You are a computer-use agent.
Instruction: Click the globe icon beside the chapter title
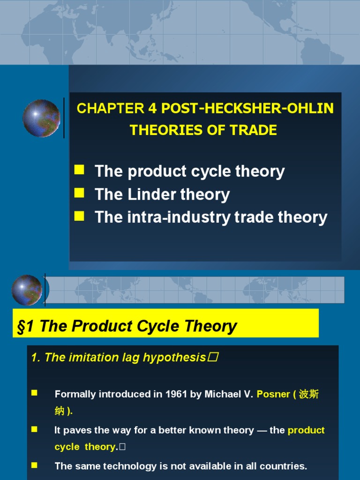tap(41, 118)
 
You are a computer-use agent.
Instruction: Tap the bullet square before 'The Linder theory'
tap(79, 192)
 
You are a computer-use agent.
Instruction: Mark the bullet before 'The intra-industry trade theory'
tap(79, 215)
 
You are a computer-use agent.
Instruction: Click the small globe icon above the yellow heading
tap(27, 290)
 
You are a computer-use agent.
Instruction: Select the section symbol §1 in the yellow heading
tap(27, 326)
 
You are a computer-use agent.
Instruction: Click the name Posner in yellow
tap(273, 394)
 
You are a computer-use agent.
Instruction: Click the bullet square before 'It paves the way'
tap(34, 429)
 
